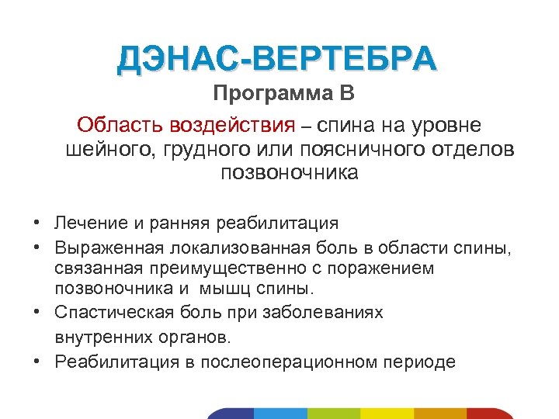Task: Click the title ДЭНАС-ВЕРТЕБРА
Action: click(277, 60)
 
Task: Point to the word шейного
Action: click(108, 148)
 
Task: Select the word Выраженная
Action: click(109, 248)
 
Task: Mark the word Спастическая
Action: click(111, 312)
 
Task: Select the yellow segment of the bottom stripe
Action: click(386, 413)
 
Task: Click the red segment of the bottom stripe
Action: click(493, 413)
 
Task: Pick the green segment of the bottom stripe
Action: click(333, 413)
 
